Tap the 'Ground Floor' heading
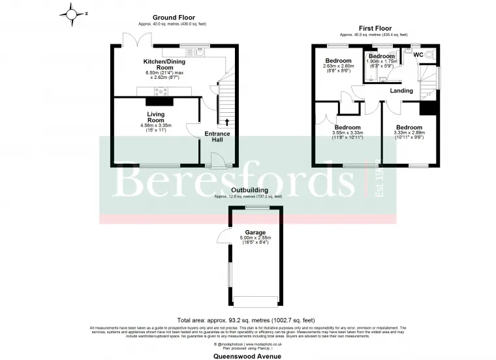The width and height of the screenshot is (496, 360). point(174,18)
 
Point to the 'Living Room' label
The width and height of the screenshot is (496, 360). point(156,117)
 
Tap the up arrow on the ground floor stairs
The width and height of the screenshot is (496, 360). point(227,121)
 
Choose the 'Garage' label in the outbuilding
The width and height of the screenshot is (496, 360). point(255,232)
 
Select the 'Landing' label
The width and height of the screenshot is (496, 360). point(401,91)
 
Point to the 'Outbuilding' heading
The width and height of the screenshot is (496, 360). point(248,190)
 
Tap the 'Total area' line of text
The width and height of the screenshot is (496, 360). point(247,320)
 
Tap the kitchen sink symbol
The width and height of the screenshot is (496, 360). point(199,50)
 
